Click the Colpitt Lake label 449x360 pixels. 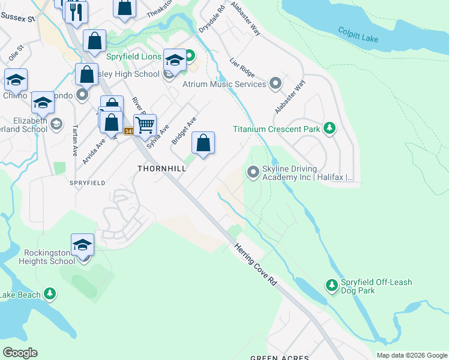pos(357,34)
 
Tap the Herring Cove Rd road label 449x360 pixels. pos(257,263)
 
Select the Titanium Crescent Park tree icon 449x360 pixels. pos(329,128)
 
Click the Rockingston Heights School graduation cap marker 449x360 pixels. pos(83,245)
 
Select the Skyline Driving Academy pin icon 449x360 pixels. pos(253,173)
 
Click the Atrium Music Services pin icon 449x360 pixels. pos(276,83)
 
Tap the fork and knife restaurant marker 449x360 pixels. pos(76,12)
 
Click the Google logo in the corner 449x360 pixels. pos(20,353)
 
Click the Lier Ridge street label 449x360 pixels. pos(243,67)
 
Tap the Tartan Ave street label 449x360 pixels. pos(75,141)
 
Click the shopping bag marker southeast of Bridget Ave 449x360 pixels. pos(203,143)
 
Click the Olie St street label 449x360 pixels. pos(16,52)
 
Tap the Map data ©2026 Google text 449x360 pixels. pos(412,355)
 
